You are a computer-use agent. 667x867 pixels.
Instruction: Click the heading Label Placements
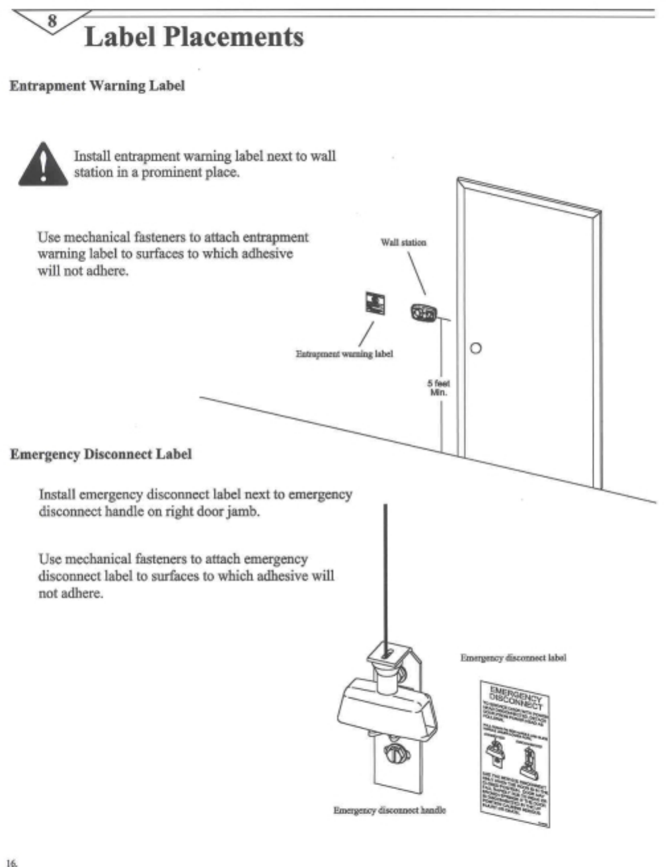pyautogui.click(x=194, y=36)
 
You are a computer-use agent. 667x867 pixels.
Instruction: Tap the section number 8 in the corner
pyautogui.click(x=52, y=20)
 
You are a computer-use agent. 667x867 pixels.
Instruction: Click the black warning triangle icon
pyautogui.click(x=43, y=165)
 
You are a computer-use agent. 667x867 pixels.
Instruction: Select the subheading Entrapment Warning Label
pyautogui.click(x=97, y=86)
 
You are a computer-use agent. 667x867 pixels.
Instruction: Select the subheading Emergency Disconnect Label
pyautogui.click(x=100, y=454)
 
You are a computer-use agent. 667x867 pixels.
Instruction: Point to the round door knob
pyautogui.click(x=475, y=348)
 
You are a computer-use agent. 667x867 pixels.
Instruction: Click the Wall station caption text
pyautogui.click(x=403, y=243)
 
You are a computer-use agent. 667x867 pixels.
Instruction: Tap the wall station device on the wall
pyautogui.click(x=423, y=311)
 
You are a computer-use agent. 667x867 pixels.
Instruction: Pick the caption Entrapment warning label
pyautogui.click(x=344, y=354)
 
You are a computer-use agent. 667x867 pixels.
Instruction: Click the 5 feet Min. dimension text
pyautogui.click(x=438, y=388)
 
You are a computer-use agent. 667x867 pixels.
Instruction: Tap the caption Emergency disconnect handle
pyautogui.click(x=389, y=810)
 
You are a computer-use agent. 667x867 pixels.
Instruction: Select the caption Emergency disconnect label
pyautogui.click(x=513, y=658)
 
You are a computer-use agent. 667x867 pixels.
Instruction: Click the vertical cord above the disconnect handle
pyautogui.click(x=385, y=569)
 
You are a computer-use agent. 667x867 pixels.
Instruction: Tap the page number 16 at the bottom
pyautogui.click(x=13, y=862)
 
